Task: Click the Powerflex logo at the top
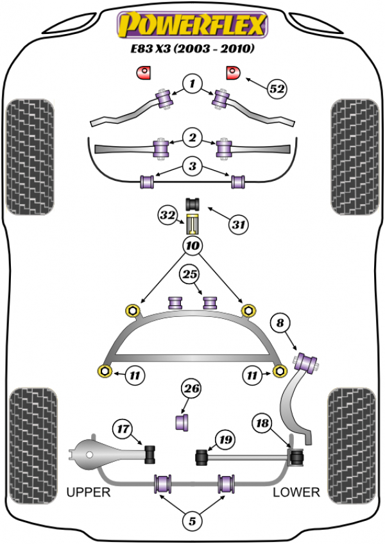pyautogui.click(x=191, y=26)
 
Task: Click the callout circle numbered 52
pyautogui.click(x=277, y=90)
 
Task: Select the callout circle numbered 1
pyautogui.click(x=191, y=83)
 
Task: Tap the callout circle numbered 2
pyautogui.click(x=191, y=137)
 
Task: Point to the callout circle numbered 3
pyautogui.click(x=191, y=166)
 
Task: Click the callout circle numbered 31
pyautogui.click(x=239, y=225)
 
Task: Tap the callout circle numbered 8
pyautogui.click(x=280, y=324)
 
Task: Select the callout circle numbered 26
pyautogui.click(x=192, y=389)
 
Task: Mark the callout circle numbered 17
pyautogui.click(x=123, y=427)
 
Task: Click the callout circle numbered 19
pyautogui.click(x=224, y=439)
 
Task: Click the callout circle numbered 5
pyautogui.click(x=191, y=521)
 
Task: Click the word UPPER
pyautogui.click(x=89, y=492)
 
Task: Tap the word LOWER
pyautogui.click(x=296, y=492)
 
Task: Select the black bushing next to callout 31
pyautogui.click(x=193, y=204)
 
